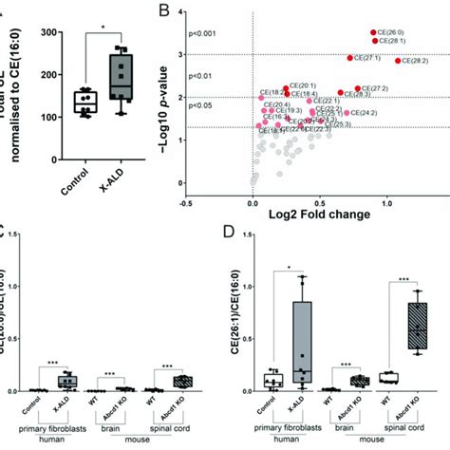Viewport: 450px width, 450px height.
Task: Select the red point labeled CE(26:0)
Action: coord(373,33)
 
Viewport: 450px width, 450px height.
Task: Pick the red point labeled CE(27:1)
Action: coord(350,58)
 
